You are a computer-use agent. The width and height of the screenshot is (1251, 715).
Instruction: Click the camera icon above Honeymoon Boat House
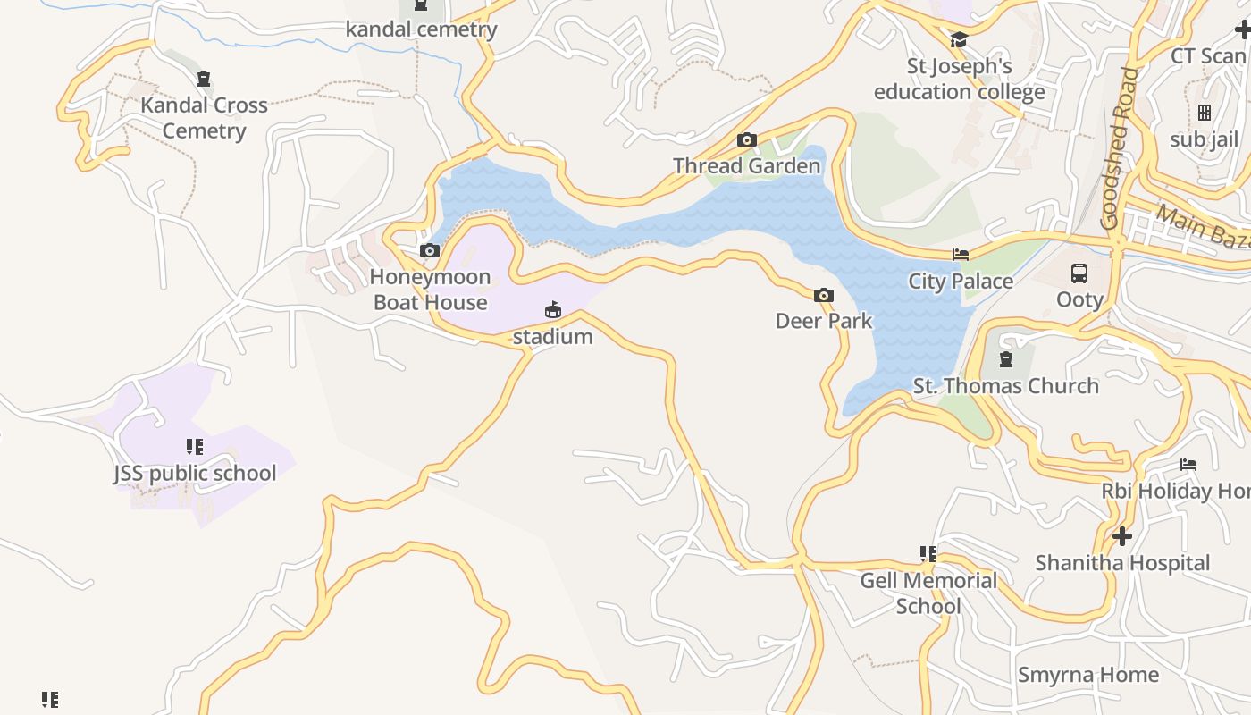430,251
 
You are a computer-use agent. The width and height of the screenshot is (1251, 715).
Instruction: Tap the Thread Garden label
746,166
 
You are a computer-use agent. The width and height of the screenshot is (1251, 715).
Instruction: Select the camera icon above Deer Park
824,296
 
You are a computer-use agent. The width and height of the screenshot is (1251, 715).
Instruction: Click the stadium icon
553,310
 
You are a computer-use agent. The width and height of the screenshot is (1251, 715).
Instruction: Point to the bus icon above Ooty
1079,273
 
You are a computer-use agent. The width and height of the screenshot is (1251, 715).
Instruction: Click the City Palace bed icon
961,255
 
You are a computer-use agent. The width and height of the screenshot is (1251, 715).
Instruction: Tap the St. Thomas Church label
1005,386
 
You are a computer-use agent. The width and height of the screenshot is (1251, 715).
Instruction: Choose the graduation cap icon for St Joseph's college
960,40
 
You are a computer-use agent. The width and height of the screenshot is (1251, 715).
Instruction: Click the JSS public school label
195,473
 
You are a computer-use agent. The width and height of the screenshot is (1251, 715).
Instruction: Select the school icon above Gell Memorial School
928,554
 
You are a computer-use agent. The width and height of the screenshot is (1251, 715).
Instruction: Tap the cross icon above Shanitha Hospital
1122,536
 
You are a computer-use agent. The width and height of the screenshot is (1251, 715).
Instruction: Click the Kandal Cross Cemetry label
204,118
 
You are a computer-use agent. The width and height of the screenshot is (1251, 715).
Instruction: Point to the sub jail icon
1205,113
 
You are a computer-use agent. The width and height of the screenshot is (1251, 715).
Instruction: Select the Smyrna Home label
1087,675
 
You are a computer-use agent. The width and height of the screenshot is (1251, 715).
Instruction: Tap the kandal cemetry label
421,29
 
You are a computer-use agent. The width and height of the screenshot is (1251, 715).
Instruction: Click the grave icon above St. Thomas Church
1006,359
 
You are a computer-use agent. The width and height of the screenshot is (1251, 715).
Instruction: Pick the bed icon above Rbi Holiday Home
1188,465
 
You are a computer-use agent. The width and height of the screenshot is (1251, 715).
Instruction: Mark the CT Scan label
1207,56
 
